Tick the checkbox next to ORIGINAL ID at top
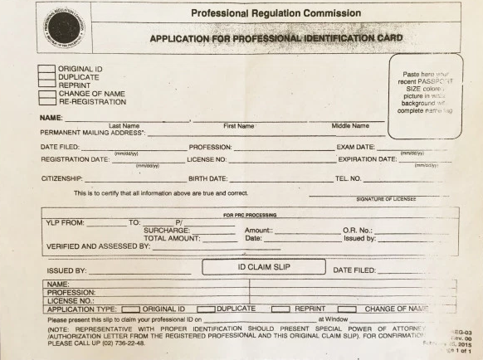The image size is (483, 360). tap(46, 68)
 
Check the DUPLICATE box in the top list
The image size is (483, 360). tap(46, 76)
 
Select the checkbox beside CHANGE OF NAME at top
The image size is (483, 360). tap(46, 94)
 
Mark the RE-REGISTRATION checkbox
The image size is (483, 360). tap(46, 102)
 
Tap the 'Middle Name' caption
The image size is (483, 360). tap(349, 126)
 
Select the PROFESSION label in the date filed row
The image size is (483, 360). tap(210, 147)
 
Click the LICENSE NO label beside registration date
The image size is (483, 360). tap(207, 159)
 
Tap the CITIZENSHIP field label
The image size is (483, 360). tap(61, 178)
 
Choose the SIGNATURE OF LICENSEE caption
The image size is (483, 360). tap(386, 199)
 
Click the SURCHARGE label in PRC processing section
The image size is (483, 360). tap(166, 230)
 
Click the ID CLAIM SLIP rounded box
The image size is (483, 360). tap(264, 267)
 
